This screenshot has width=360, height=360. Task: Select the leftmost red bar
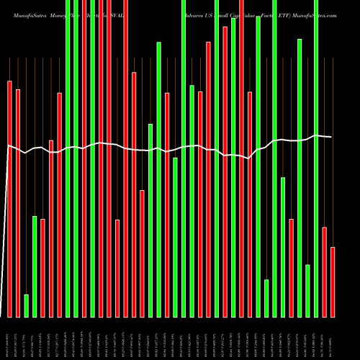coord(10,199)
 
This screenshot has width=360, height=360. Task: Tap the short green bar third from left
coord(27,305)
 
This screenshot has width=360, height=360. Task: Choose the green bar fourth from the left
coord(35,266)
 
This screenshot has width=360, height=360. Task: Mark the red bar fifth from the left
coord(42,268)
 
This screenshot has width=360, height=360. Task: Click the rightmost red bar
coord(333,282)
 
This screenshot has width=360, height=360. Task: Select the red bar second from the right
coord(324,271)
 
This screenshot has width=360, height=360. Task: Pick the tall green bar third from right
coord(316,158)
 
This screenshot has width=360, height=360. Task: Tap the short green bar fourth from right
coord(307,291)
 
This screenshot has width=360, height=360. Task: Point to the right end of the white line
coord(332,137)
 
